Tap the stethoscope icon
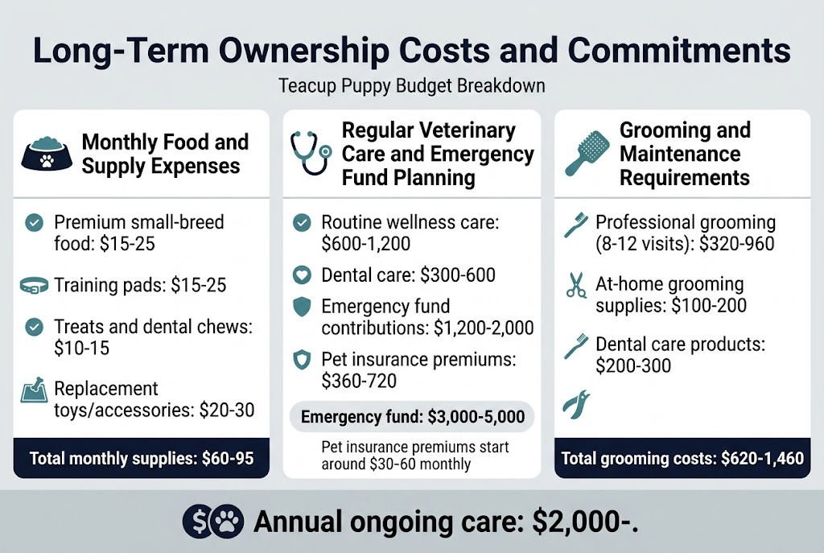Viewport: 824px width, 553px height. (x=310, y=151)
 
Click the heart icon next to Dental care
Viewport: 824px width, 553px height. (x=303, y=275)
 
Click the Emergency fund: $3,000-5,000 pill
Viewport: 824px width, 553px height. (x=412, y=417)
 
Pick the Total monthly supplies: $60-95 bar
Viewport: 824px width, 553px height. (x=142, y=458)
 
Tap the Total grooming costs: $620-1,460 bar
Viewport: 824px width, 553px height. (x=682, y=458)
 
